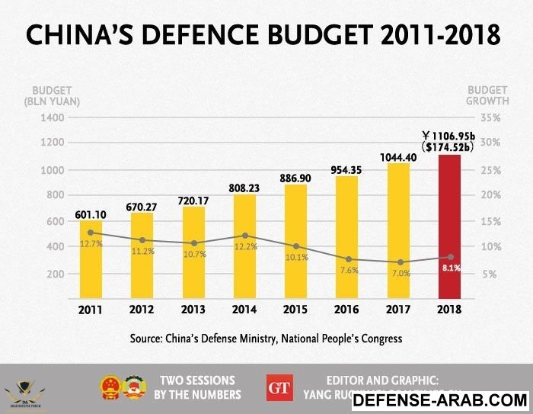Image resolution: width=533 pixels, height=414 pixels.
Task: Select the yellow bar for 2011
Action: pyautogui.click(x=91, y=259)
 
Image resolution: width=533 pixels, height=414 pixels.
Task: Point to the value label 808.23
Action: pyautogui.click(x=244, y=186)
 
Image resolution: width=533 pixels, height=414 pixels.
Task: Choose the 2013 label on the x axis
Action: pyautogui.click(x=193, y=311)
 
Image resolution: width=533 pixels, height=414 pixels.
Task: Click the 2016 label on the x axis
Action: pyautogui.click(x=346, y=311)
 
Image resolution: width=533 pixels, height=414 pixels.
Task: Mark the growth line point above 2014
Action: pyautogui.click(x=244, y=236)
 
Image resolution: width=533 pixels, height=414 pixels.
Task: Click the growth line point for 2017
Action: pyautogui.click(x=398, y=262)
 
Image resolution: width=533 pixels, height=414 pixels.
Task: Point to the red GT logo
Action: pyautogui.click(x=279, y=387)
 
